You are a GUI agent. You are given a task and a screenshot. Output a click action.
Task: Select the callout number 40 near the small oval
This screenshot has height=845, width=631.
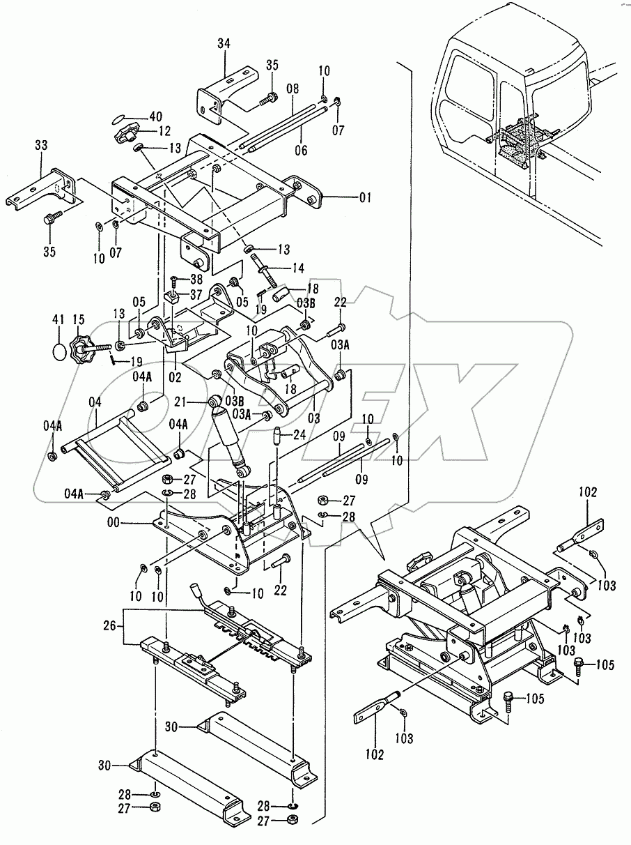[x=155, y=117]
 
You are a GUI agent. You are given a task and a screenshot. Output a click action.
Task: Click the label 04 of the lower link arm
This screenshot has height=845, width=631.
[x=95, y=402]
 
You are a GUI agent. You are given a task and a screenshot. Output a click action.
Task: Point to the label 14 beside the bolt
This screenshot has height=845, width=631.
[x=297, y=267]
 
